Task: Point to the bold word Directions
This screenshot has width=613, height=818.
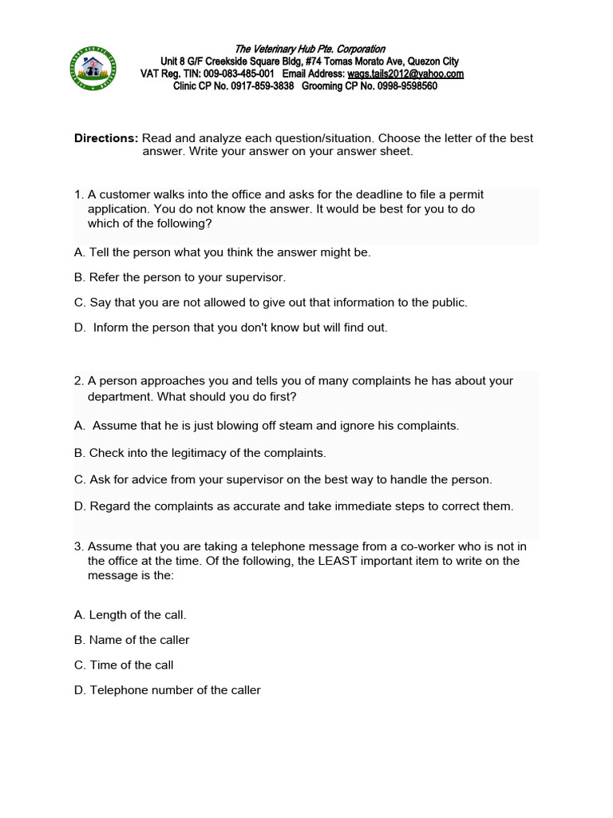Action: click(x=106, y=138)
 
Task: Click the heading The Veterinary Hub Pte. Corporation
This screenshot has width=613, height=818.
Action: click(x=310, y=50)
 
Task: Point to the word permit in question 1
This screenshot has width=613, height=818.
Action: click(x=464, y=194)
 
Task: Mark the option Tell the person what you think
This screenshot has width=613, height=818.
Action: click(x=223, y=252)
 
